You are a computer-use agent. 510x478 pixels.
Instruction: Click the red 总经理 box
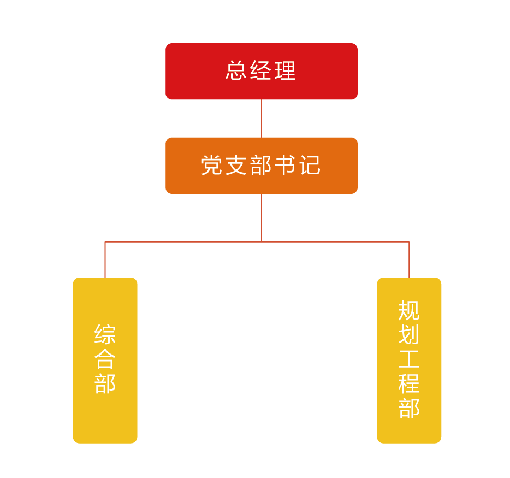click(x=262, y=71)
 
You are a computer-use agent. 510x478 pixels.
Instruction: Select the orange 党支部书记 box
click(x=262, y=165)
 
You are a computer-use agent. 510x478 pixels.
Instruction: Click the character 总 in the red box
click(x=237, y=71)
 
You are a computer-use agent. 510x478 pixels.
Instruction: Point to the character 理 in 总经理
click(x=286, y=71)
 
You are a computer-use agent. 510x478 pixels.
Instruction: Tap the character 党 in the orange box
click(x=213, y=165)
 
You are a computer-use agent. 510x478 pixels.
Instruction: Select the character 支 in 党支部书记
click(x=237, y=165)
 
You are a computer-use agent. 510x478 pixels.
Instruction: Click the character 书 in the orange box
click(x=285, y=165)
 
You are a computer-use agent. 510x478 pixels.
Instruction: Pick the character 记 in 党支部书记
click(x=309, y=165)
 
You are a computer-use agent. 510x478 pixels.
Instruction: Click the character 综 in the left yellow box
click(x=105, y=334)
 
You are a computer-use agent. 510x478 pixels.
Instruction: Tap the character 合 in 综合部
click(x=105, y=359)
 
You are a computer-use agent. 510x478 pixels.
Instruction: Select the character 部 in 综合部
click(x=105, y=383)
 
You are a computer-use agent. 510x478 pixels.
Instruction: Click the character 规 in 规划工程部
click(x=409, y=310)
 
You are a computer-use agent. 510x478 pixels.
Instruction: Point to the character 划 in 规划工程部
click(x=409, y=335)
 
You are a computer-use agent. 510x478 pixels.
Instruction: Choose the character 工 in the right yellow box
click(x=409, y=359)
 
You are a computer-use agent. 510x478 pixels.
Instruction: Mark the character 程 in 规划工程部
click(x=409, y=383)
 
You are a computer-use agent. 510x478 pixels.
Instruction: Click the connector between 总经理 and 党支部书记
click(x=262, y=119)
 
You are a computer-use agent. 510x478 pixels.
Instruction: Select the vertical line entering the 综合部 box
click(x=105, y=260)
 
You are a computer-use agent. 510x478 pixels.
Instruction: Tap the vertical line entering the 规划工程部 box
click(x=409, y=260)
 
